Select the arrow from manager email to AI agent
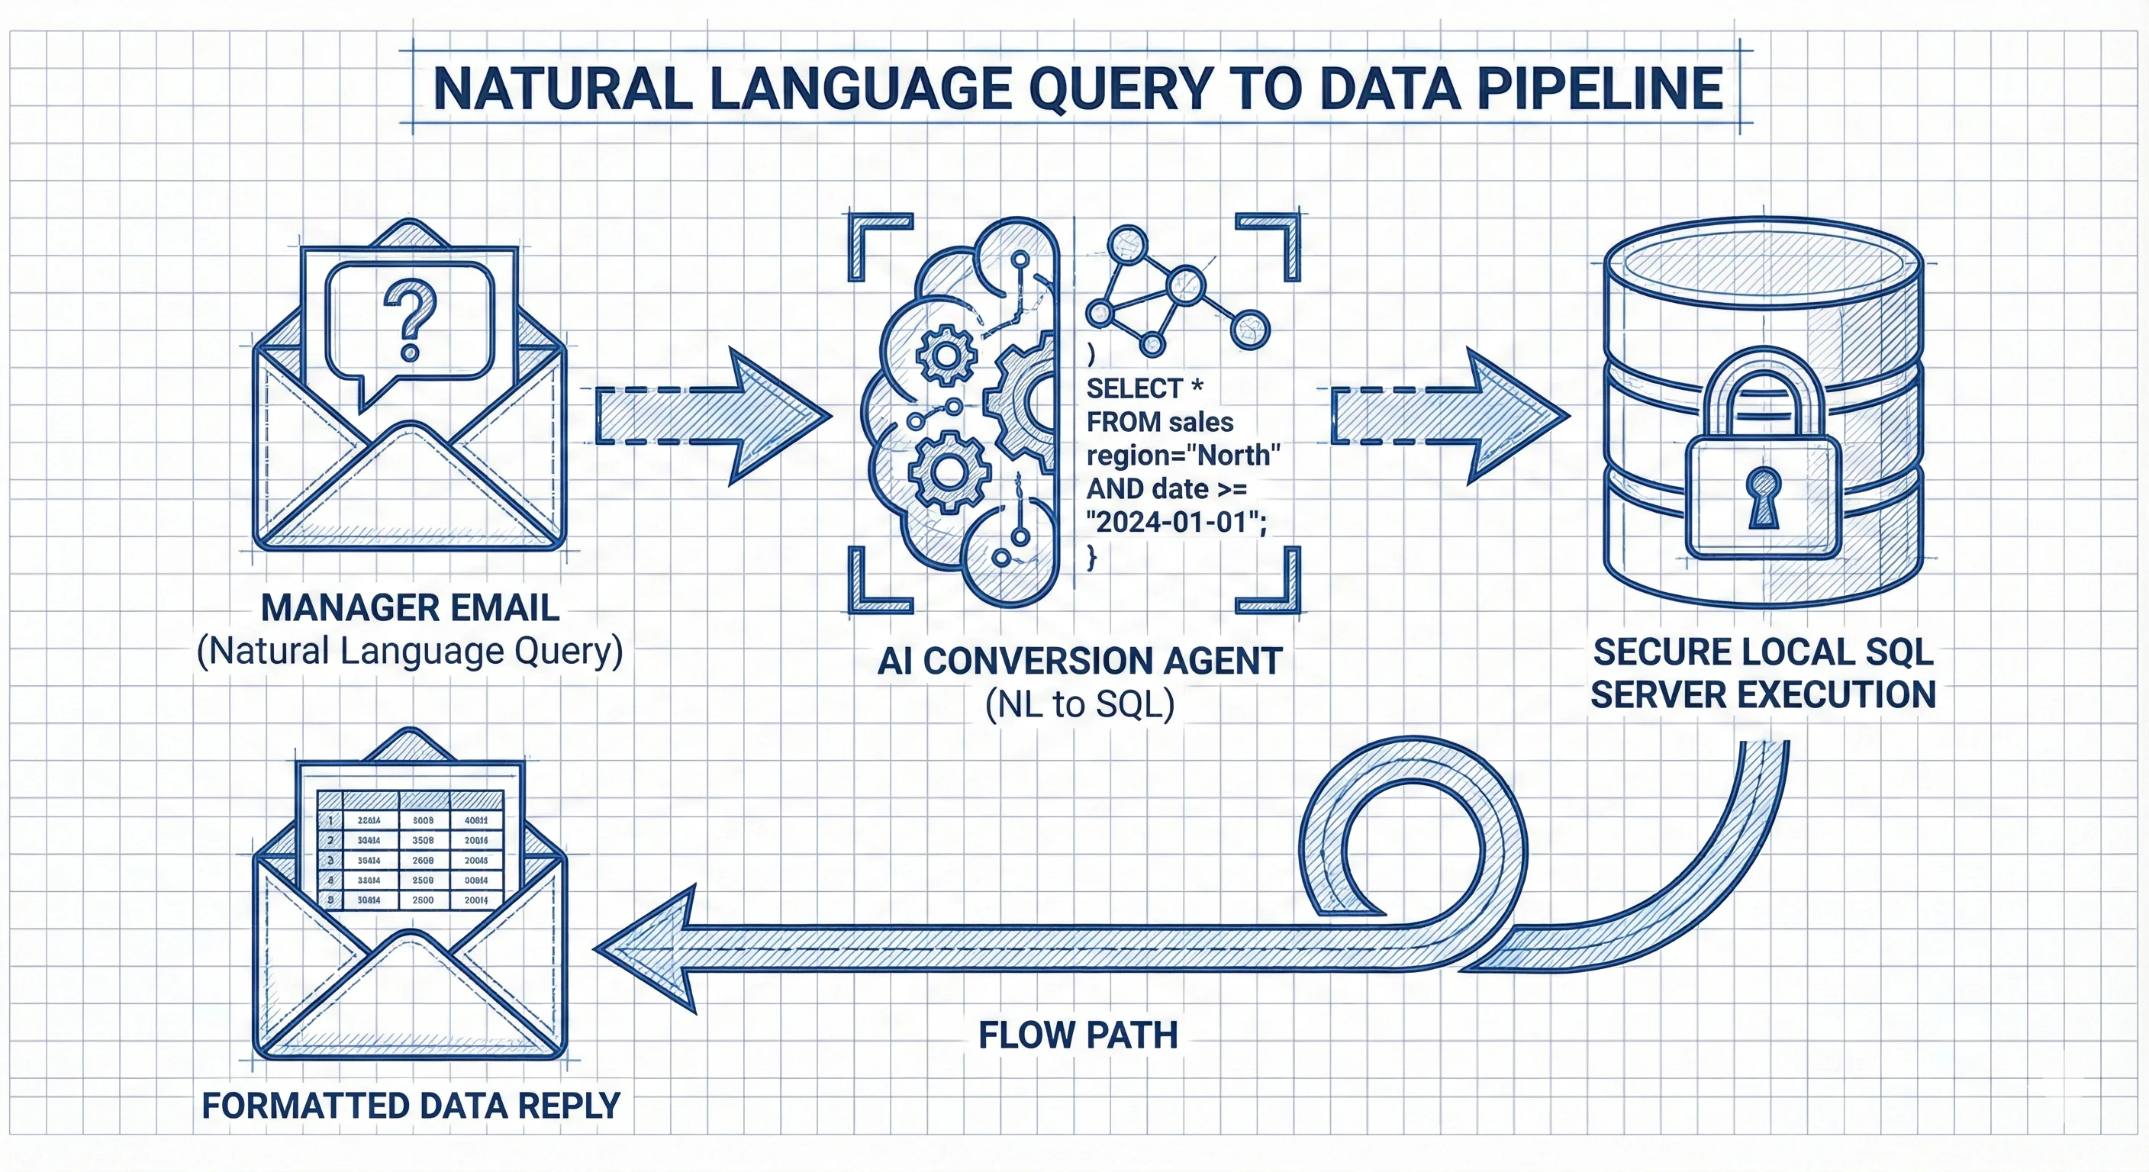pyautogui.click(x=714, y=415)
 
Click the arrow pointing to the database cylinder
pyautogui.click(x=1450, y=415)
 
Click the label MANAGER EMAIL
pyautogui.click(x=410, y=607)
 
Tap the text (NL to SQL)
pyautogui.click(x=1080, y=705)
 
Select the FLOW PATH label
pyautogui.click(x=1078, y=1035)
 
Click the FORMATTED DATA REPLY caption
pyautogui.click(x=411, y=1106)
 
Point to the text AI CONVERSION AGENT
pyautogui.click(x=1080, y=662)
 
